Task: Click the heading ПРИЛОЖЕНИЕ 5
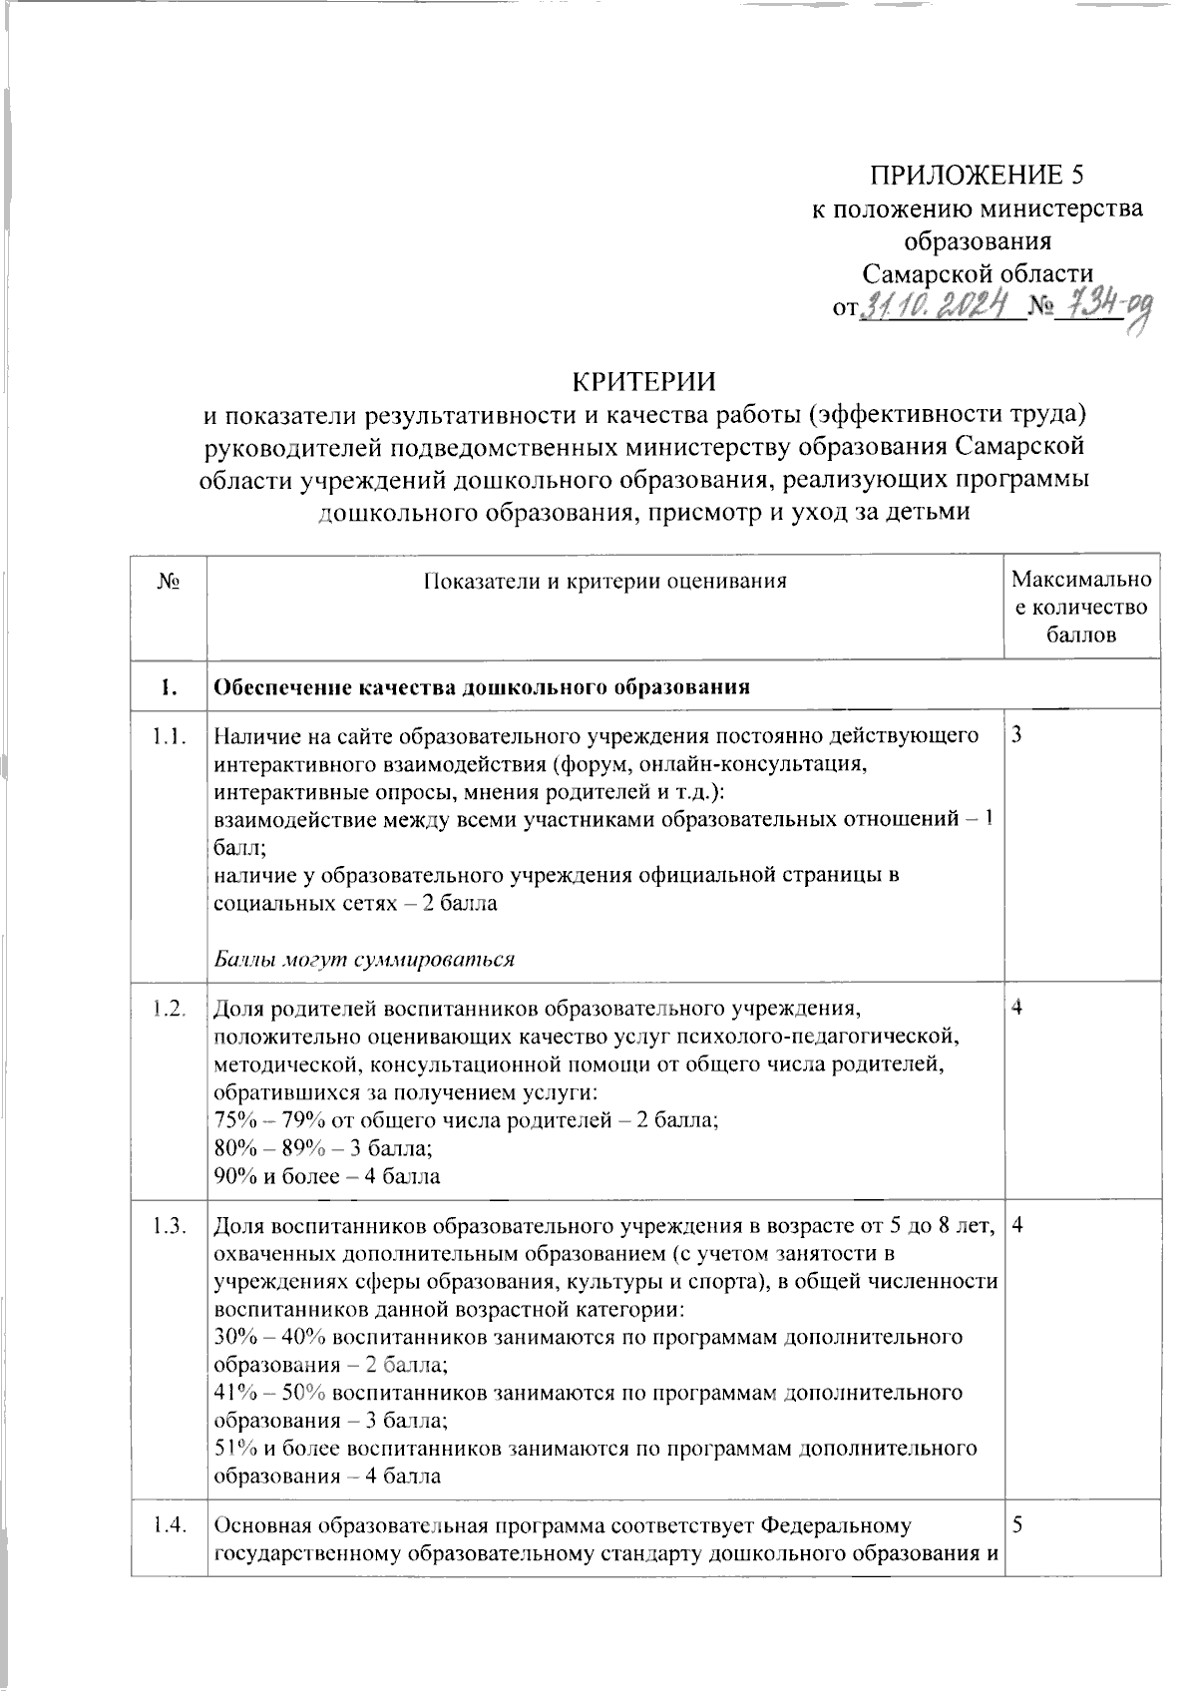(x=977, y=176)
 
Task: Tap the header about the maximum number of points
(x=1081, y=607)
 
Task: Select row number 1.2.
(x=169, y=1009)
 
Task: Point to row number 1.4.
(x=169, y=1526)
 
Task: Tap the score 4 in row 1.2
(x=1016, y=1009)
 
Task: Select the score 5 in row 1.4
(x=1016, y=1526)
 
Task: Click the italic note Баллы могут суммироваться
(x=364, y=960)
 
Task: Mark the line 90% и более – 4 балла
(x=327, y=1176)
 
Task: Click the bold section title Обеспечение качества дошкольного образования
(x=482, y=687)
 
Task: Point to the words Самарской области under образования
(x=977, y=273)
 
